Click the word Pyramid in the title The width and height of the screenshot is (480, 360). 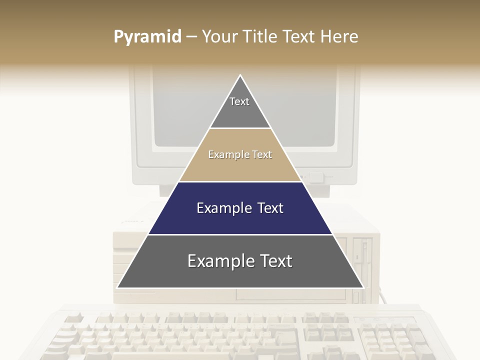147,37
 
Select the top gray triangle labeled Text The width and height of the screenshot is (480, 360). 240,107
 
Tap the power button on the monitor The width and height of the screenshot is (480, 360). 316,177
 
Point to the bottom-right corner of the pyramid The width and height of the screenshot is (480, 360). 363,287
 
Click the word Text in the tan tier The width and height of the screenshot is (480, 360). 262,155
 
